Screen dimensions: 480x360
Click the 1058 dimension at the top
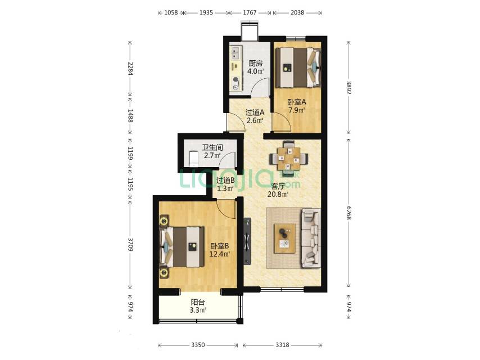tap(171, 12)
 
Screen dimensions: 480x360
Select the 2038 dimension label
tap(297, 12)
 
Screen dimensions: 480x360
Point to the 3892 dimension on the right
tap(348, 87)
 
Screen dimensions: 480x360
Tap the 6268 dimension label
tap(348, 213)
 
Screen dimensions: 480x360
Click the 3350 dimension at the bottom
tap(198, 345)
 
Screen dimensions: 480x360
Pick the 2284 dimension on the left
tap(130, 69)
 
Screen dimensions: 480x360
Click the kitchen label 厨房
tap(255, 64)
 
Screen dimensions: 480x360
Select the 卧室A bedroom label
tap(296, 102)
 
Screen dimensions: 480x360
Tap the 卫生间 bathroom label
tap(212, 147)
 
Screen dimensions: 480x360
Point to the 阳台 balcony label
tap(198, 303)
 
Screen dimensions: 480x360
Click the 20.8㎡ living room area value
tap(278, 194)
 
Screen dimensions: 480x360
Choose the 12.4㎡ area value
tap(220, 254)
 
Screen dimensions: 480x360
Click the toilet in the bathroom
tap(193, 159)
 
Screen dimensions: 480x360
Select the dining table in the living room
tap(288, 159)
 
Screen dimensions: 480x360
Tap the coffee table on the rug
tap(285, 238)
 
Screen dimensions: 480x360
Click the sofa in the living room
tap(311, 238)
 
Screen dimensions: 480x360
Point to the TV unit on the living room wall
tap(247, 241)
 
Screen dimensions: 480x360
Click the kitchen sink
tap(235, 53)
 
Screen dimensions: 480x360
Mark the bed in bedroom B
tap(183, 246)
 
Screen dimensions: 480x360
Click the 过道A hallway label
tap(255, 112)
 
